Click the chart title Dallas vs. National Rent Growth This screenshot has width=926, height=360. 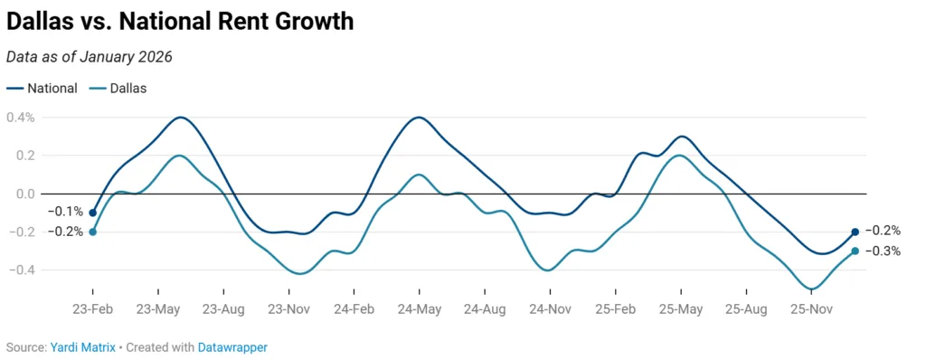coord(180,21)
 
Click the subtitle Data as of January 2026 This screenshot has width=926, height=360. coord(89,56)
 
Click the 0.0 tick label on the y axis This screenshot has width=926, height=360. coord(23,194)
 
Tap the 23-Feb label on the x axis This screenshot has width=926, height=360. coord(92,308)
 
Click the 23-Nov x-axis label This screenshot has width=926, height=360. coord(288,308)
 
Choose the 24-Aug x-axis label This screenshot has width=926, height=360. coord(485,308)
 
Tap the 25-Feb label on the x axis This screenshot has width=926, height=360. coord(615,308)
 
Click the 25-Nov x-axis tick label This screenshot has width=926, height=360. coord(811,308)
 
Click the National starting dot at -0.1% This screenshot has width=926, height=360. coord(92,213)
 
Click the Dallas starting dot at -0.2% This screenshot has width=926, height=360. coord(92,232)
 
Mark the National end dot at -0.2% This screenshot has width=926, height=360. coord(855,232)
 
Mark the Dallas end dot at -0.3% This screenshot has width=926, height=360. coord(855,251)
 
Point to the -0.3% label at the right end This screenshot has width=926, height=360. coord(883,251)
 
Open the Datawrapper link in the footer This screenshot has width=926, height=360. coord(232,347)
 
